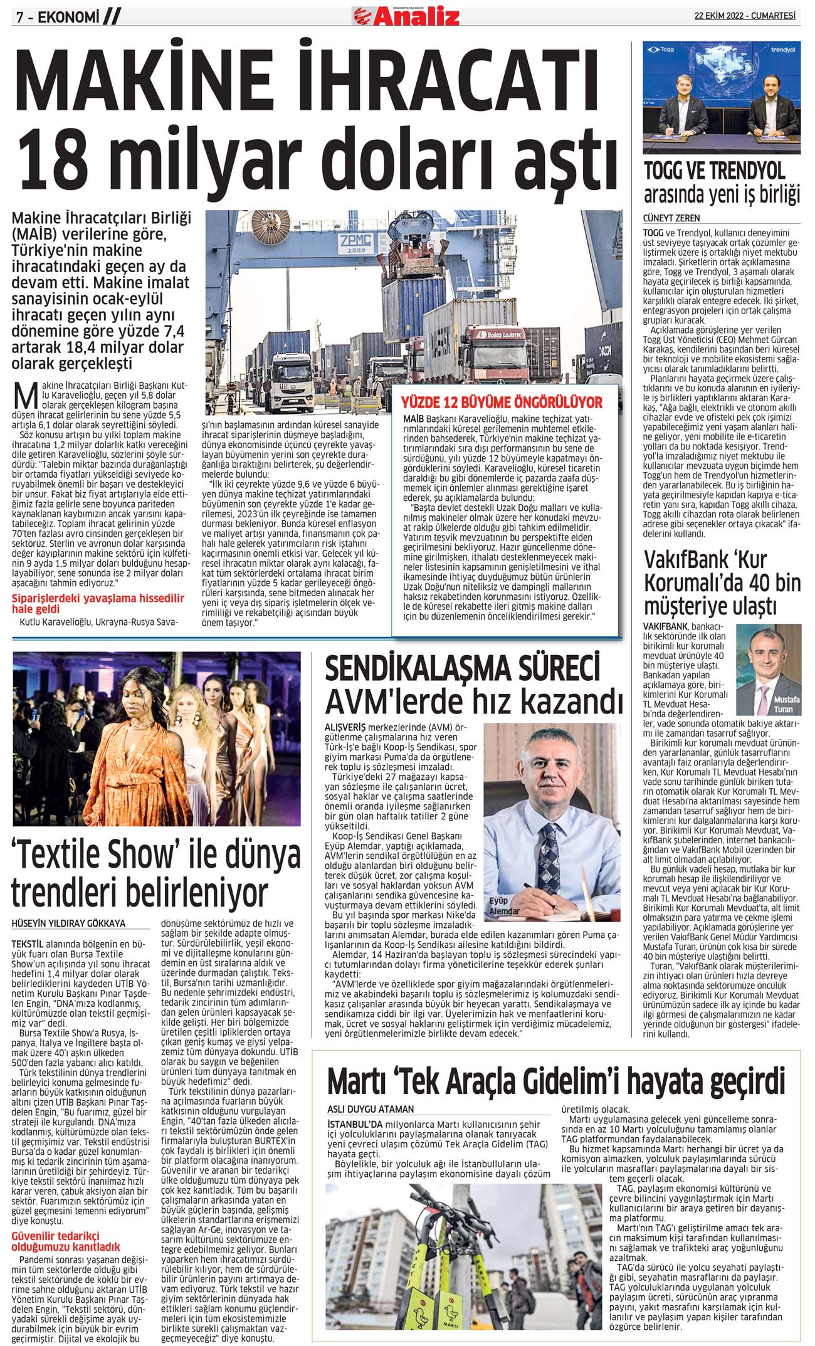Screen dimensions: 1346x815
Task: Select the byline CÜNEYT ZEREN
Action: click(x=671, y=218)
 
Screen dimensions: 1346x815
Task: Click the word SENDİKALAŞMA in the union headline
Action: click(x=462, y=669)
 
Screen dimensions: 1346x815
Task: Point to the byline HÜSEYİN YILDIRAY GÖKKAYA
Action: click(x=69, y=923)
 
